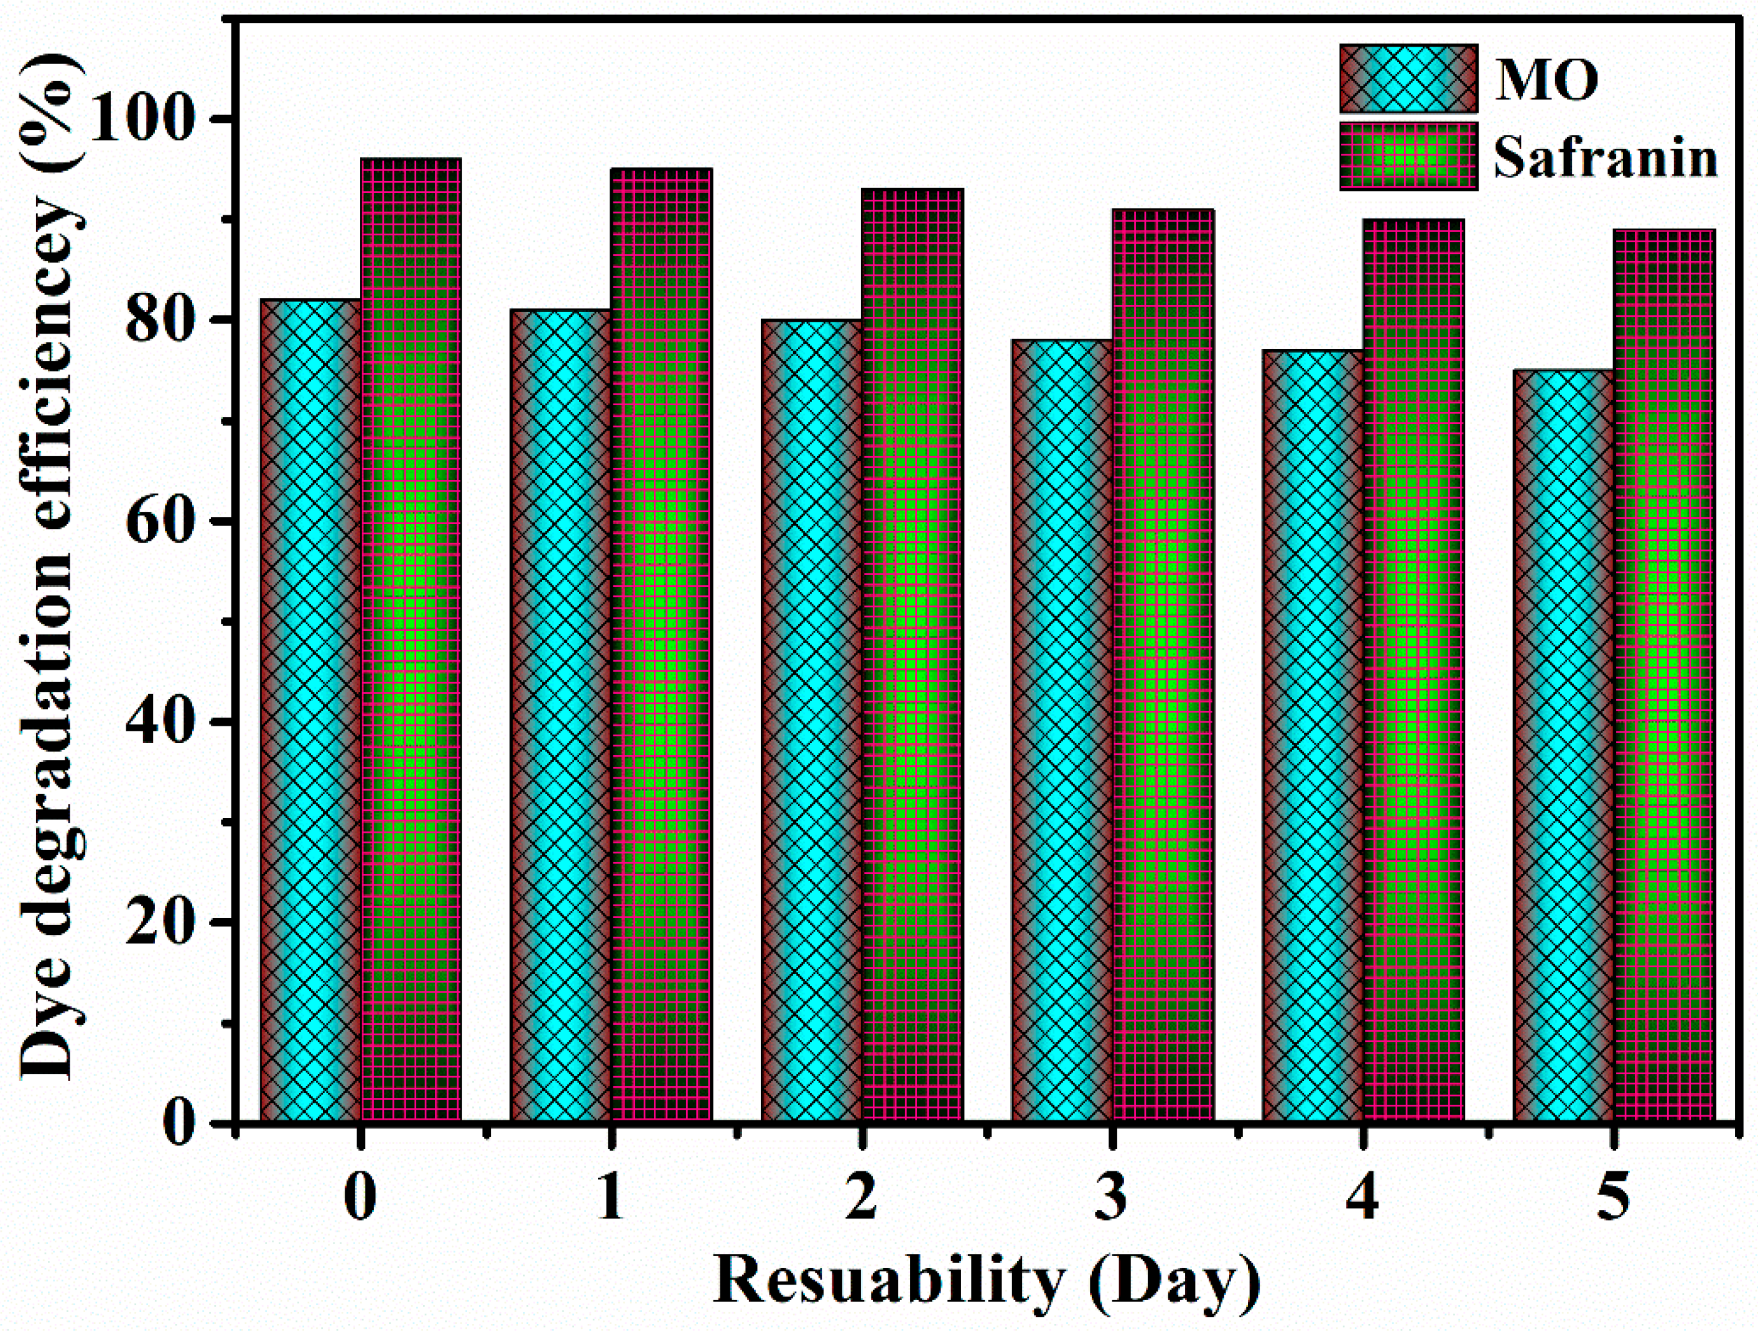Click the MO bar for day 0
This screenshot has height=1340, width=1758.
pos(311,710)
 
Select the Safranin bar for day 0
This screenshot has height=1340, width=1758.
pos(411,638)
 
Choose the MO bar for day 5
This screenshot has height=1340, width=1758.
pos(1563,746)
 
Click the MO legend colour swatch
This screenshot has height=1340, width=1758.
pos(1408,79)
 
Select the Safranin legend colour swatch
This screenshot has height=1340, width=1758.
pos(1408,156)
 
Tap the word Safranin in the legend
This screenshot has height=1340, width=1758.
pos(1605,158)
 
